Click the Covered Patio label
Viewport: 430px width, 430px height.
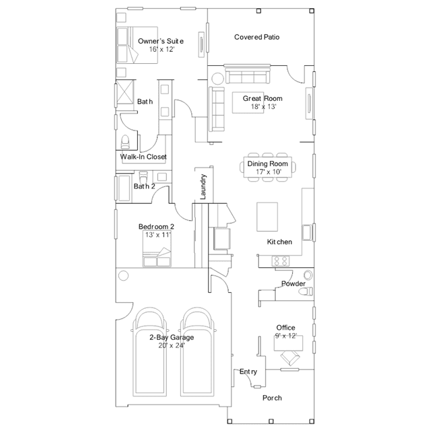(x=256, y=37)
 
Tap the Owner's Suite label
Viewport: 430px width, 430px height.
(x=161, y=42)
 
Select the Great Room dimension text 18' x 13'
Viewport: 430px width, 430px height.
(x=263, y=106)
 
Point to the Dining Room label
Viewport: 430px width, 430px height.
(x=267, y=164)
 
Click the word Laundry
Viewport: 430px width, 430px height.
(x=203, y=188)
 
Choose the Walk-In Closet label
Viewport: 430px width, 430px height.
(x=143, y=157)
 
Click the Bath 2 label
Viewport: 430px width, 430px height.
(x=145, y=186)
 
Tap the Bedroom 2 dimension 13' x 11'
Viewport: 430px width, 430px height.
(x=157, y=235)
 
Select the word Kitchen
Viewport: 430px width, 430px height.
(x=279, y=242)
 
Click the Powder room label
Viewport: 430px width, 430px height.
(x=293, y=284)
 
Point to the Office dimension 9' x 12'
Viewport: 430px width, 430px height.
(x=285, y=335)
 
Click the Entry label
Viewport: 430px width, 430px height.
(x=248, y=371)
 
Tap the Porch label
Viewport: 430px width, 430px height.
(x=272, y=398)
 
